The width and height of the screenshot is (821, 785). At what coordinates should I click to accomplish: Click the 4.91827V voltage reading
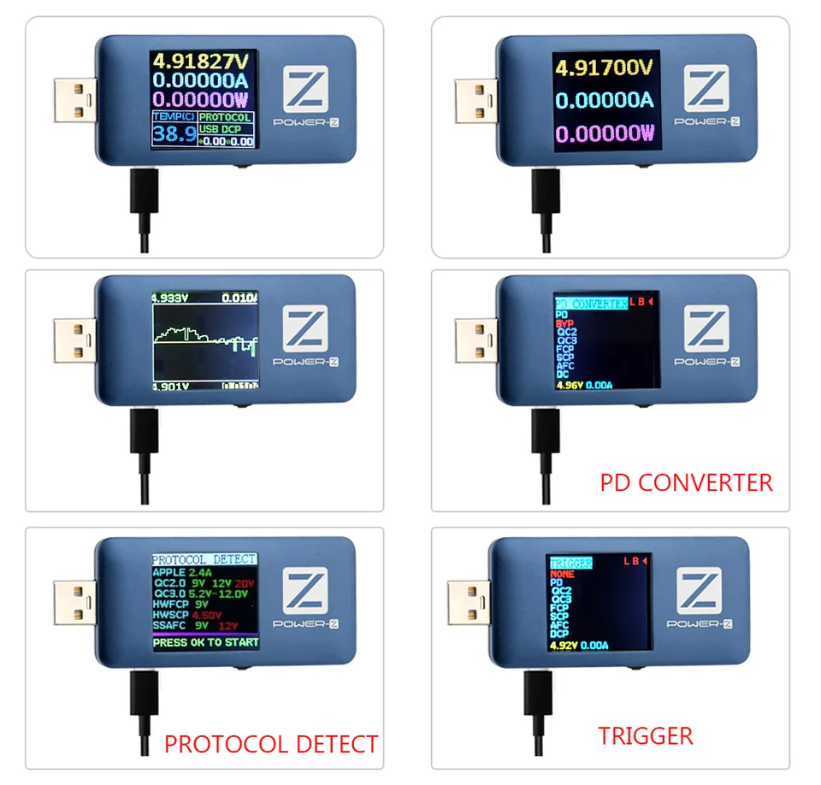click(202, 62)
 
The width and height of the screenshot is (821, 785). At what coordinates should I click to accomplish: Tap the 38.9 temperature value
click(174, 133)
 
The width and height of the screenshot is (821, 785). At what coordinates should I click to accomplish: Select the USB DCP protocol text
click(221, 129)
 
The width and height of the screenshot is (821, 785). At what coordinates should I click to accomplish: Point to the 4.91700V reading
click(604, 67)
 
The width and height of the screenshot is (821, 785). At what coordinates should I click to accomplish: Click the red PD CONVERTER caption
click(686, 482)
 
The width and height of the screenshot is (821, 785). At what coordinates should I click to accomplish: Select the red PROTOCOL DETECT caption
click(270, 743)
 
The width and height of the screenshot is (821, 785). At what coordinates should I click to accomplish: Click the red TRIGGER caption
click(646, 735)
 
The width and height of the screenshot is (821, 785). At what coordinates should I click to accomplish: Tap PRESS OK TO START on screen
click(205, 642)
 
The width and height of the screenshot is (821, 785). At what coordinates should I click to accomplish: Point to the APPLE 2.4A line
click(182, 572)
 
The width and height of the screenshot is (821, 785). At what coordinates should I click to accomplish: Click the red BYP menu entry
click(564, 324)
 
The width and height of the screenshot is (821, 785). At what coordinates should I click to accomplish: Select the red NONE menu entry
click(563, 575)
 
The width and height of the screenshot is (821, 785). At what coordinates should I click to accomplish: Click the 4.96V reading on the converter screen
click(569, 386)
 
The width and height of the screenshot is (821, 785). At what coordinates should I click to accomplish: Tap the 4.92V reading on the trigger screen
click(563, 646)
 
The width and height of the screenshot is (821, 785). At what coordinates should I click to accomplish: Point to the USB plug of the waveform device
click(74, 339)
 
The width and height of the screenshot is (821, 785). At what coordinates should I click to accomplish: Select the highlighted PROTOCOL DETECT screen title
click(204, 559)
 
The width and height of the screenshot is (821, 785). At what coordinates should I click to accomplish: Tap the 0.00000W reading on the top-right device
click(604, 133)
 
